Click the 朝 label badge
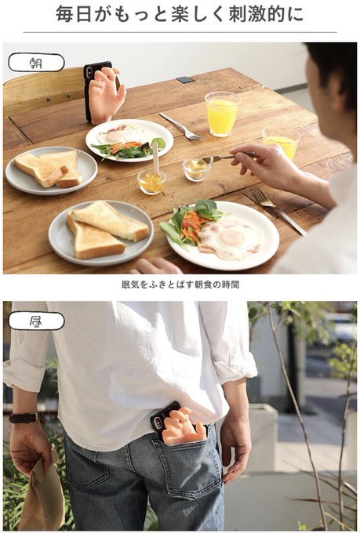[36, 63]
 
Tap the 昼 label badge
[36, 321]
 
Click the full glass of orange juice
[222, 114]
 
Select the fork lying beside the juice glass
[180, 126]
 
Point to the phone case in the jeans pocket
[179, 423]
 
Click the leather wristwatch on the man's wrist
[24, 418]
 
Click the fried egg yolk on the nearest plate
[231, 237]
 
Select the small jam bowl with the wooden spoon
[151, 181]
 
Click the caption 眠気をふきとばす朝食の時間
[180, 285]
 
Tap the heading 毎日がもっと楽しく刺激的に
[180, 15]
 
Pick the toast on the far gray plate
[49, 169]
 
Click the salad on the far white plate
[128, 149]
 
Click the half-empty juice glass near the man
[282, 141]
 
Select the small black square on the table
[185, 80]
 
